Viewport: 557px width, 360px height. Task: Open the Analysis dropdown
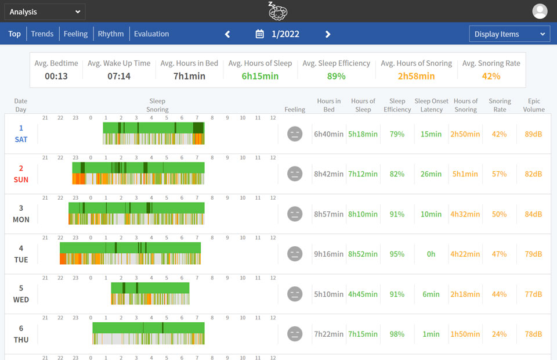[x=45, y=12]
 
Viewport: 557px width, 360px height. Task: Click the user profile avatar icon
[x=540, y=11]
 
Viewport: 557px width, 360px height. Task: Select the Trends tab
[x=42, y=34]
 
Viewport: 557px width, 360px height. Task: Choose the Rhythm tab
[x=111, y=34]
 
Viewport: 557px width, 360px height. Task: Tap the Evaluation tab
[x=151, y=34]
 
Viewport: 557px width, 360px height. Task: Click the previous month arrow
[x=227, y=34]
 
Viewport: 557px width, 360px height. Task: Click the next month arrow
[x=328, y=34]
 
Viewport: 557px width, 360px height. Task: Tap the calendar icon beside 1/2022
[x=260, y=34]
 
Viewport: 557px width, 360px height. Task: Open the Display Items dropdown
[x=509, y=34]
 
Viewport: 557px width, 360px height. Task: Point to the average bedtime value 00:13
[x=56, y=76]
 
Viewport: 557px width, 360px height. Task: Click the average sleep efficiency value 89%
[x=336, y=76]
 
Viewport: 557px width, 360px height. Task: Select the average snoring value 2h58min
[x=416, y=76]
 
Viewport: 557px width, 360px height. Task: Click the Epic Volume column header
[x=534, y=105]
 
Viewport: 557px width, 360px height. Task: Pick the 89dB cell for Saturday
[x=533, y=134]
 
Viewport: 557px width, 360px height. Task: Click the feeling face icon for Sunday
[x=295, y=174]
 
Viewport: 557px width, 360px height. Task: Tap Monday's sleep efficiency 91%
[x=397, y=214]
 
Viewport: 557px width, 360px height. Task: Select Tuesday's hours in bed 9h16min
[x=329, y=254]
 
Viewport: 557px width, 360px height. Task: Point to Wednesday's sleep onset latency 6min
[x=431, y=294]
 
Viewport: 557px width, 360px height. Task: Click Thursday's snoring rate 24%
[x=499, y=334]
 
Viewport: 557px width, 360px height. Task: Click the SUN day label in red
[x=21, y=180]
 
